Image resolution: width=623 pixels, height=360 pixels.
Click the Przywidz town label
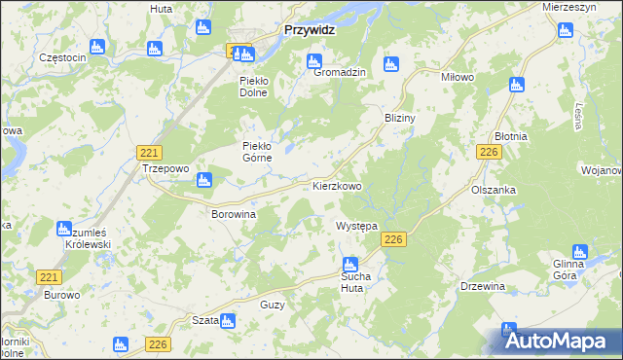(309, 30)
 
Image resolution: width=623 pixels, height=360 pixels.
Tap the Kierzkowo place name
(337, 185)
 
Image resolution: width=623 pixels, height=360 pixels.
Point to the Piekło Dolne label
(261, 87)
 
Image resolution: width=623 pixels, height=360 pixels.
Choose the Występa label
(356, 226)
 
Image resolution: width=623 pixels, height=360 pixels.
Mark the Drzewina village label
(483, 286)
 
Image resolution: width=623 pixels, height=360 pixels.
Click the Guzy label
(273, 305)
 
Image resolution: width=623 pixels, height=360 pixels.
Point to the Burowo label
(61, 294)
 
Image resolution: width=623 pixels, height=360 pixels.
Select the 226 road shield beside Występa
(393, 240)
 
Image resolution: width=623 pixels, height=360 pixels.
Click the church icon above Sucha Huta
(350, 264)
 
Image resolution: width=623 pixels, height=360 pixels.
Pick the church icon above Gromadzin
(314, 62)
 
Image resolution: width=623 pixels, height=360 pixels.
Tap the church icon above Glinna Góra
(581, 253)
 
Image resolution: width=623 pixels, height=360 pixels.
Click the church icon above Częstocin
(96, 46)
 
